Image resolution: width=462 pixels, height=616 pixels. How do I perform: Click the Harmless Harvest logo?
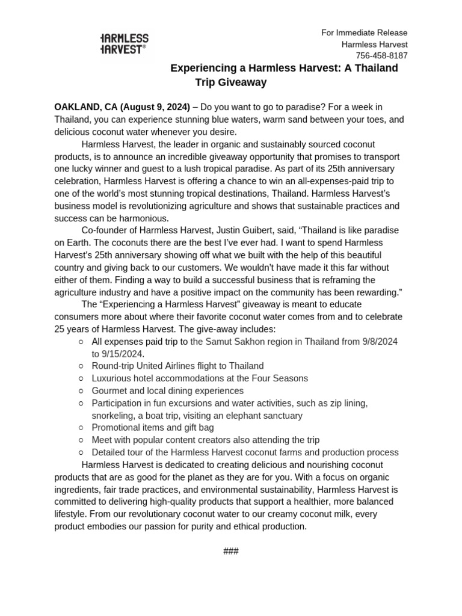pyautogui.click(x=124, y=44)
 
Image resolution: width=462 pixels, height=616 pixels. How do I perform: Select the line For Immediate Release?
pyautogui.click(x=364, y=32)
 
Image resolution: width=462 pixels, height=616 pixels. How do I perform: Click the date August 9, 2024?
pyautogui.click(x=155, y=107)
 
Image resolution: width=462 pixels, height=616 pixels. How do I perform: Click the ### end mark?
pyautogui.click(x=231, y=551)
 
